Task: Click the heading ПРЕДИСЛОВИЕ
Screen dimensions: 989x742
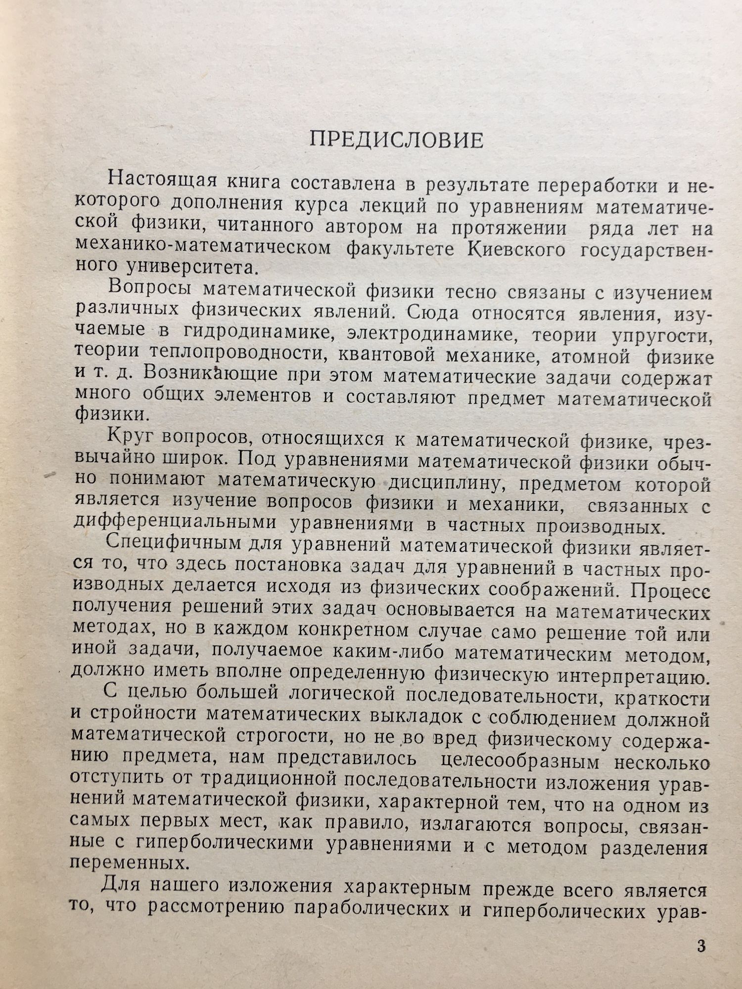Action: coord(396,140)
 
